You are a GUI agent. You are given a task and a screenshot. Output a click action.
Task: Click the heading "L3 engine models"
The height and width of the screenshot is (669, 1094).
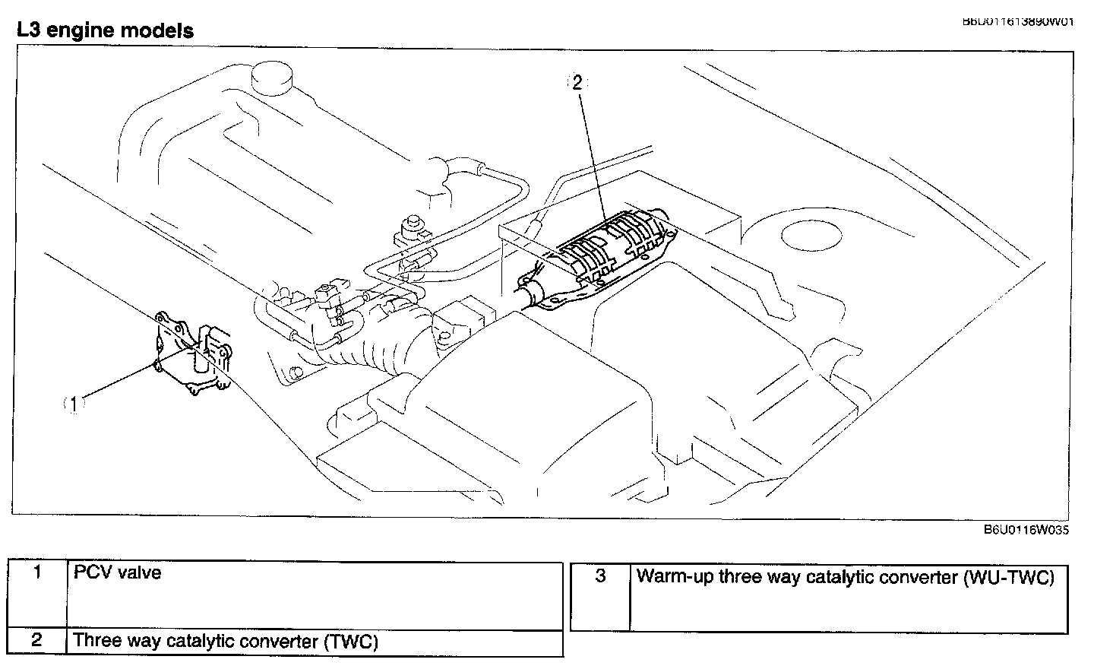coord(105,31)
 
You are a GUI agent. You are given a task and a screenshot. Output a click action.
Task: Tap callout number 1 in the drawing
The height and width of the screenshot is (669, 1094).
coord(74,404)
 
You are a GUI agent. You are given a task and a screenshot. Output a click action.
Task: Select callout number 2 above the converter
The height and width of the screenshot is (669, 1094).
coord(577,83)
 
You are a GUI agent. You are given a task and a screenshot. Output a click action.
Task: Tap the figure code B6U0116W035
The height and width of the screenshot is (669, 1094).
coord(1026,530)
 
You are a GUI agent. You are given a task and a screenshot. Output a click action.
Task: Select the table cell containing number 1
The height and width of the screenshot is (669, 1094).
coord(37,594)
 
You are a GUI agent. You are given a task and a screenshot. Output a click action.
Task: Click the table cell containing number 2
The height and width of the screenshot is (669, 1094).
coord(37,640)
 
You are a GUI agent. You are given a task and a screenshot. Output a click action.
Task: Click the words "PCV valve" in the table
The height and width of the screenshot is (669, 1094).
coord(118,572)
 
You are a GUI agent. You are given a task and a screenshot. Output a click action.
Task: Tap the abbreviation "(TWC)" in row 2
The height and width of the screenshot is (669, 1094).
coord(350,642)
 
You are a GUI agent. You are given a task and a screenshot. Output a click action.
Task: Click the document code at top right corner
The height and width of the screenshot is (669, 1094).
coord(1018,21)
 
